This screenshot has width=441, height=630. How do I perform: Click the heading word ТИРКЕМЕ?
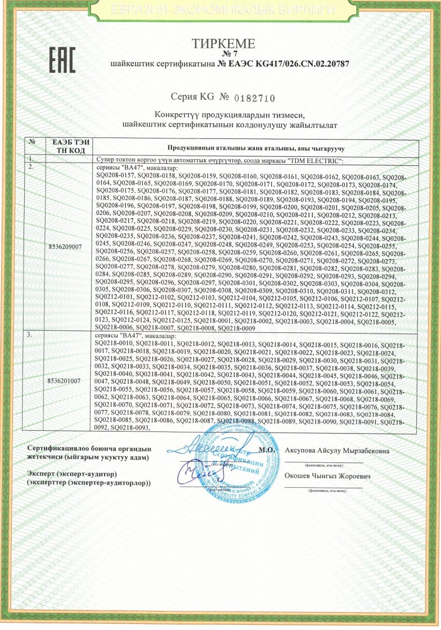224,43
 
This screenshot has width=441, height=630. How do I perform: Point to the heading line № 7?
224,55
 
